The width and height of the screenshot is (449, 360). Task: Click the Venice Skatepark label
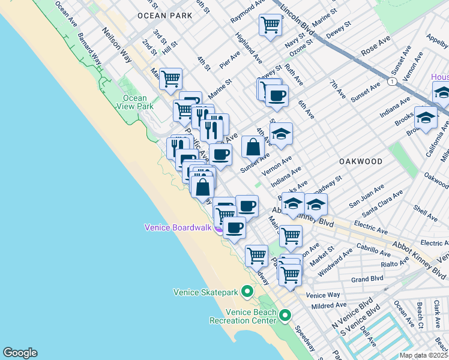pyautogui.click(x=206, y=293)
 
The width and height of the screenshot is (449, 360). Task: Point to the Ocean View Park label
pyautogui.click(x=135, y=102)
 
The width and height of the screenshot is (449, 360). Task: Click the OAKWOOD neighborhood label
pyautogui.click(x=360, y=161)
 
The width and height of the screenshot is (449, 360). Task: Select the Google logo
pyautogui.click(x=20, y=353)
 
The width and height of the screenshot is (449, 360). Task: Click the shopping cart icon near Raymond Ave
pyautogui.click(x=270, y=25)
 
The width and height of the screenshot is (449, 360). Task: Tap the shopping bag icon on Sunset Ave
pyautogui.click(x=253, y=146)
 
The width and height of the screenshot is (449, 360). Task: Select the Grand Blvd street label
pyautogui.click(x=367, y=279)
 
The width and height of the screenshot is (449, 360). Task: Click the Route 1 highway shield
pyautogui.click(x=391, y=81)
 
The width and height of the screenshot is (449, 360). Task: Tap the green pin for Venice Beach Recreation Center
pyautogui.click(x=285, y=315)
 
